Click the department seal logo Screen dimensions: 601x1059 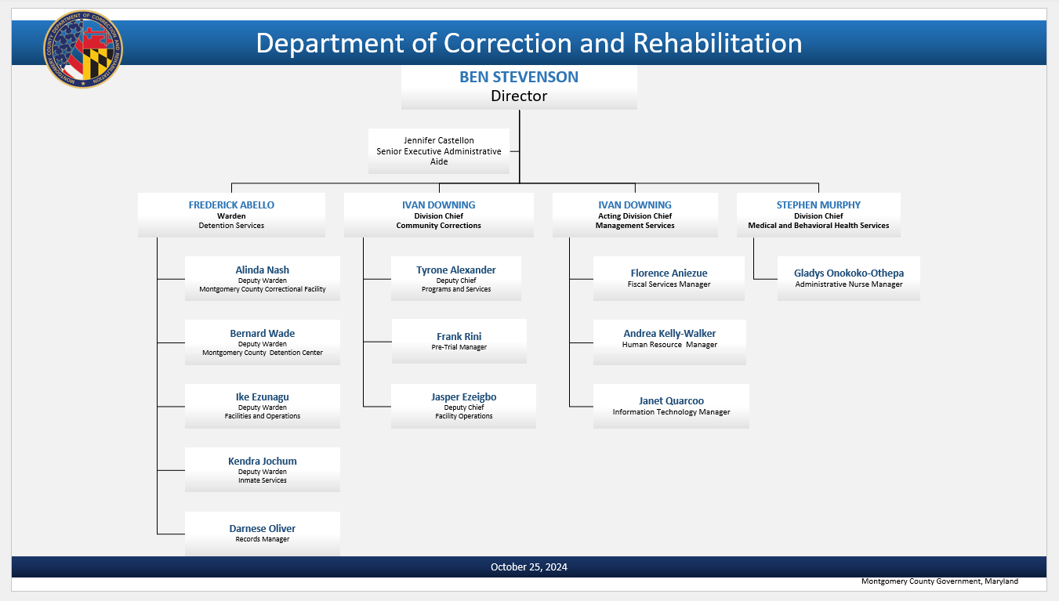83,49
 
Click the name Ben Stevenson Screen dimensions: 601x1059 519,78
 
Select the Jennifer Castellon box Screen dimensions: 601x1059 439,150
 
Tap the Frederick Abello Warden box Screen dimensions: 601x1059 231,215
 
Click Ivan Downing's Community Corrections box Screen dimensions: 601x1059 438,215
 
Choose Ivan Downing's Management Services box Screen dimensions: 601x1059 635,215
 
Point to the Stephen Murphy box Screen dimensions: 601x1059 818,215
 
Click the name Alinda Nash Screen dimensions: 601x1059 263,270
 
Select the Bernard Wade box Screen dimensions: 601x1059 263,342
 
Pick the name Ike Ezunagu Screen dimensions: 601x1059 263,397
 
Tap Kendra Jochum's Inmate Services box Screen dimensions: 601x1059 263,469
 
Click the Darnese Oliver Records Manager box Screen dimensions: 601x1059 263,534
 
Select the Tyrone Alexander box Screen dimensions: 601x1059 456,278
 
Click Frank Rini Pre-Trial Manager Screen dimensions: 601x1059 459,341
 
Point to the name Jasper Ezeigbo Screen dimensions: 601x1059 463,397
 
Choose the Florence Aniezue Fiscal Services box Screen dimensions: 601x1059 669,278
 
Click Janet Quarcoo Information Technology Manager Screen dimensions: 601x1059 671,406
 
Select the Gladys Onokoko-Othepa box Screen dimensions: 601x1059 848,278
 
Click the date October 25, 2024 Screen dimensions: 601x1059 529,567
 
